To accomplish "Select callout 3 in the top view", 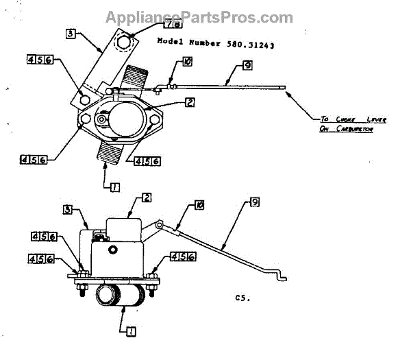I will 72,33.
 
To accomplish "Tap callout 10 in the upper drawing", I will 187,61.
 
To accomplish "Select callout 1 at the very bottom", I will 131,331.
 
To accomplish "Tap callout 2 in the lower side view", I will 147,197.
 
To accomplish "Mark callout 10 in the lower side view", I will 199,204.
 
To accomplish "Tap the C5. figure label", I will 240,298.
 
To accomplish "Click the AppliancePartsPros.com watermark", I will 199,18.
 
